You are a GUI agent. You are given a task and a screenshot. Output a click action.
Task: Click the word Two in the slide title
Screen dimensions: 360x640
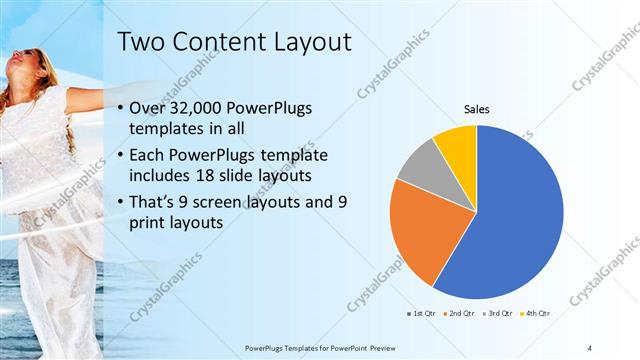click(x=139, y=42)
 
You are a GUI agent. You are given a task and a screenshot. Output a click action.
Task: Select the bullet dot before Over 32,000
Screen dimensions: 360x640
click(x=121, y=109)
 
